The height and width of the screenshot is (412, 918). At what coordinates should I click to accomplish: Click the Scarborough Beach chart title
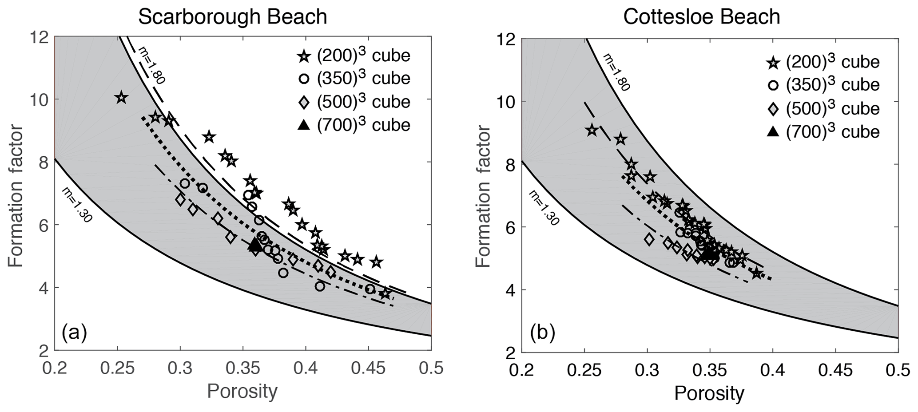click(x=232, y=17)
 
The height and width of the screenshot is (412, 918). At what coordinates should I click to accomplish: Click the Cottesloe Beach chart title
click(x=702, y=17)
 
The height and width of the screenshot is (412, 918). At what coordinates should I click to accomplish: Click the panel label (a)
click(x=74, y=332)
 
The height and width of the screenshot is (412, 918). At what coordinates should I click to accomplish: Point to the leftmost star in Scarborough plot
click(x=121, y=98)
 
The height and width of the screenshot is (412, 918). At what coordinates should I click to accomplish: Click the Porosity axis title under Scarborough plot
click(x=242, y=392)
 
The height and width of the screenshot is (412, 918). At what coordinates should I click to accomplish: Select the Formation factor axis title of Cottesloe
click(x=483, y=196)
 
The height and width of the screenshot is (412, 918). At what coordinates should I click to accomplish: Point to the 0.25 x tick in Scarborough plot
click(x=117, y=369)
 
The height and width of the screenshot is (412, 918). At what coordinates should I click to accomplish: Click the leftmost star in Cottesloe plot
click(x=592, y=131)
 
